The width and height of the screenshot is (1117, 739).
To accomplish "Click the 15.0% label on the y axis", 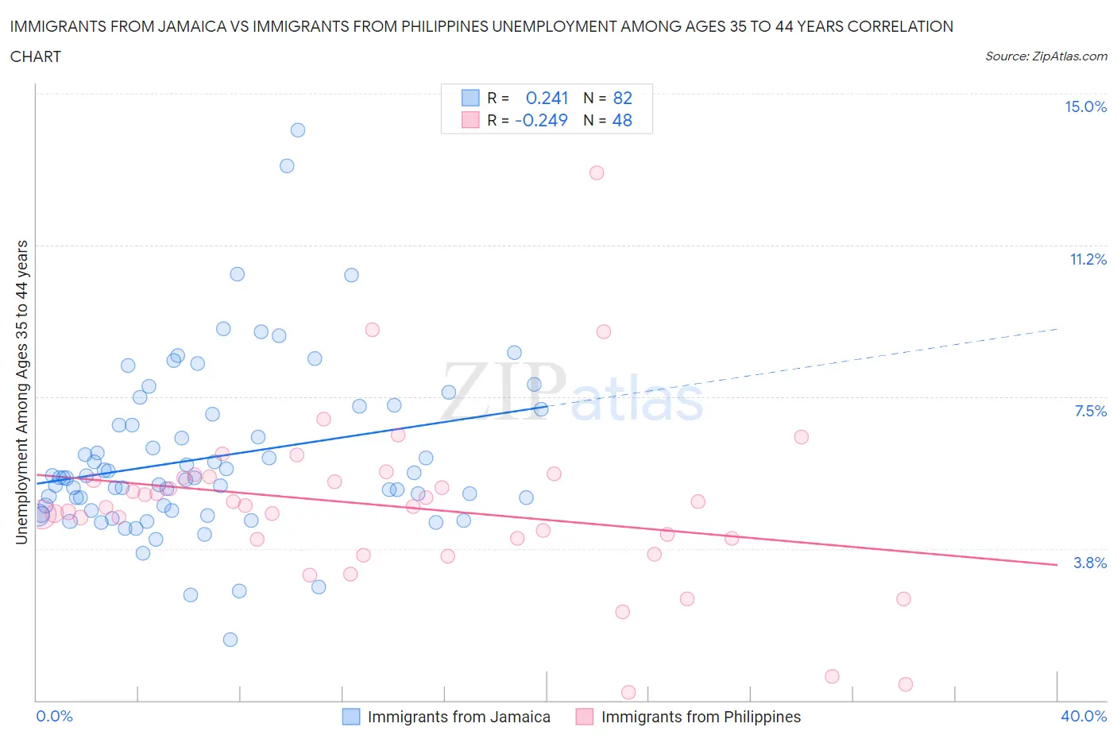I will [x=1085, y=107].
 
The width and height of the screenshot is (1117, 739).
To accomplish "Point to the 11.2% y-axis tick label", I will [x=1088, y=259].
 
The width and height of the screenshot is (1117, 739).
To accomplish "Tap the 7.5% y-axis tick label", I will [x=1090, y=411].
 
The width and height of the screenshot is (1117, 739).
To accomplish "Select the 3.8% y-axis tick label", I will [x=1090, y=563].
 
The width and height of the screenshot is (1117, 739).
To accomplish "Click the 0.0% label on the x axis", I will [x=54, y=716].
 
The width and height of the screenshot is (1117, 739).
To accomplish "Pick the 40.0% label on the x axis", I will [x=1084, y=716].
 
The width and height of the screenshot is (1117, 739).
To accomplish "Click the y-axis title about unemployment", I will [x=21, y=393].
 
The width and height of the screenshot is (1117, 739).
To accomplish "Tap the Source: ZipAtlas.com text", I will [x=1045, y=56].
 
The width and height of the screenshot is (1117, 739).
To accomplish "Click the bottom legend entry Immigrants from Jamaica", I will [x=458, y=717].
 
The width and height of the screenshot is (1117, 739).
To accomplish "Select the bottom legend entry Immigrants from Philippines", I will [x=701, y=717].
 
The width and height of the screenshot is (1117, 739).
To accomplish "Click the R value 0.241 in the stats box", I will [x=547, y=98].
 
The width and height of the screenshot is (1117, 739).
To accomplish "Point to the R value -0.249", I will [x=541, y=120].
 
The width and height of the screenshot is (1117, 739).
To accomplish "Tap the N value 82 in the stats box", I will [x=622, y=98].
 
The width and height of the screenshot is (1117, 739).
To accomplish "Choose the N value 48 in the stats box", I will [x=622, y=120].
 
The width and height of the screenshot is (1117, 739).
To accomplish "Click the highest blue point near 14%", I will [x=298, y=130].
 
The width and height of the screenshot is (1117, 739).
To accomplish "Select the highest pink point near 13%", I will [x=597, y=172].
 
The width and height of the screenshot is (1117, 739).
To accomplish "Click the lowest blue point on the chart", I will [x=230, y=640].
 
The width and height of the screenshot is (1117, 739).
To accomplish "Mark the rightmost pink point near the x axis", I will [x=905, y=684].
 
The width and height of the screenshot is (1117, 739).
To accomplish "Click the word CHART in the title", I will [x=36, y=56].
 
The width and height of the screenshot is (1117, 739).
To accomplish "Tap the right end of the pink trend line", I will [x=1057, y=564].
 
